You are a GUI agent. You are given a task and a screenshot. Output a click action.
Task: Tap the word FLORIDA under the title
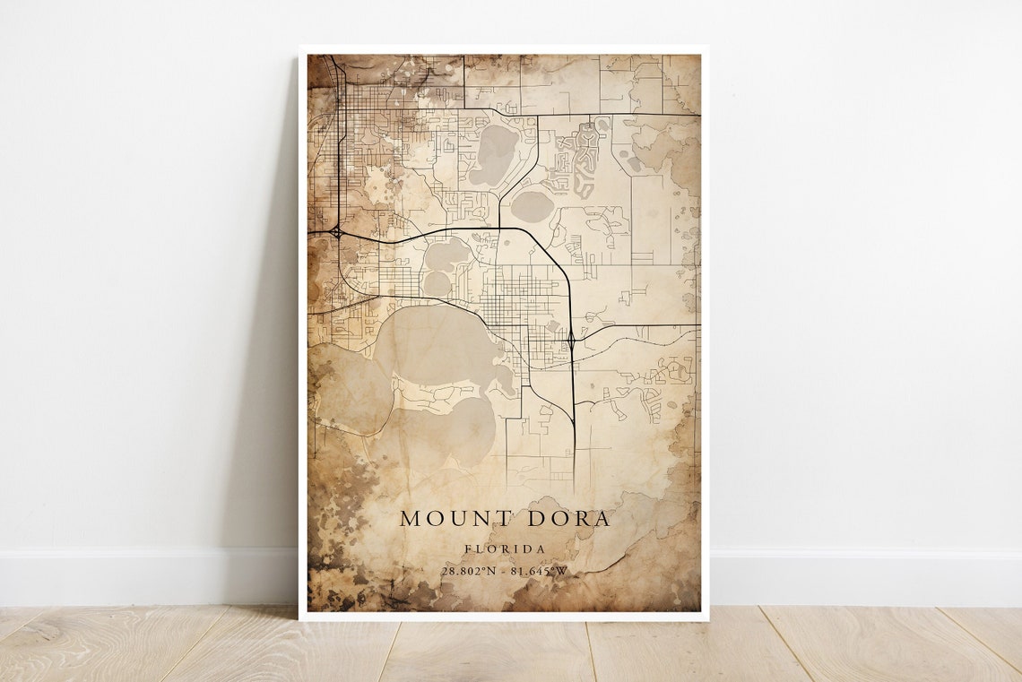pyautogui.click(x=505, y=548)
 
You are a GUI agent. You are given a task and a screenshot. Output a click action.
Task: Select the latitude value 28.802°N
pyautogui.click(x=469, y=571)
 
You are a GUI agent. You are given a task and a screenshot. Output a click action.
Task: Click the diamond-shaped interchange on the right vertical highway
pyautogui.click(x=571, y=340)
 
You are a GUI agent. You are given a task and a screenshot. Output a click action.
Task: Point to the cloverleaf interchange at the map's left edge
pyautogui.click(x=335, y=232)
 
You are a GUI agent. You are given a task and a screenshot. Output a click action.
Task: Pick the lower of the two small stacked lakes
pyautogui.click(x=437, y=283)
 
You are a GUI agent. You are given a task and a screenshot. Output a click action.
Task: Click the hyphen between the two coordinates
pyautogui.click(x=505, y=571)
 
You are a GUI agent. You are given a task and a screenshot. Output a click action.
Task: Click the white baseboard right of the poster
pyautogui.click(x=861, y=578)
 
